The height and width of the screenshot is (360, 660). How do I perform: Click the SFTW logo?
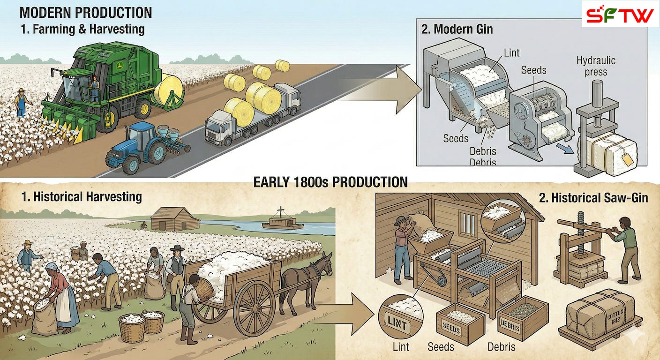coord(620,14)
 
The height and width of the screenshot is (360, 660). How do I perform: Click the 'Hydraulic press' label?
coord(596,66)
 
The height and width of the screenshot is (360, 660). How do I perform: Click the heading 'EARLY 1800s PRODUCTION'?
coord(330,182)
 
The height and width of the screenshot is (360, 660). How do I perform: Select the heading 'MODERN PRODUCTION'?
coord(86,12)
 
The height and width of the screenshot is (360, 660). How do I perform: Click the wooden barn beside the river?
coord(175,219)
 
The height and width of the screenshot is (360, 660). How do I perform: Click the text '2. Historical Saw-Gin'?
coord(593,198)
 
